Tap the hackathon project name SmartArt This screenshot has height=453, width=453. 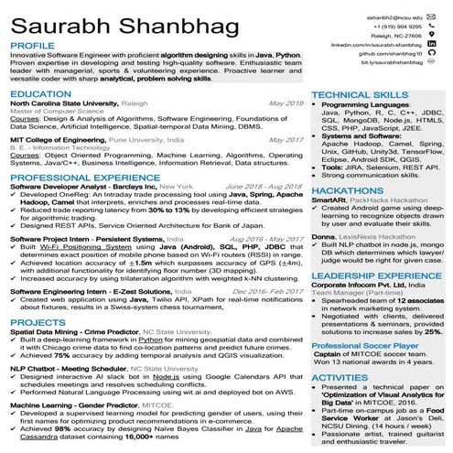click(329, 200)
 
